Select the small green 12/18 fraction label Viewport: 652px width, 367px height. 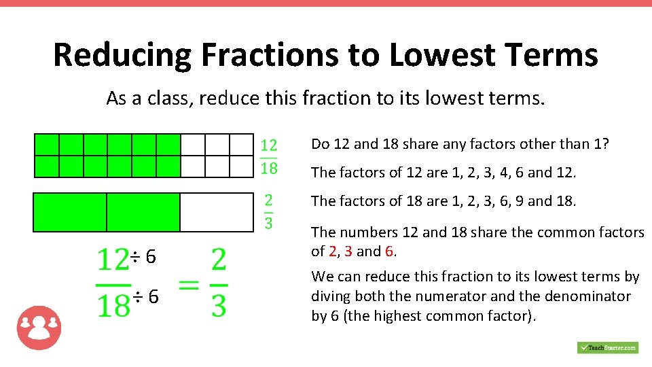point(269,156)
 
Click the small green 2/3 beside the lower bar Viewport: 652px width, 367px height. point(269,211)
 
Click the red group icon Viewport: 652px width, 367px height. point(39,328)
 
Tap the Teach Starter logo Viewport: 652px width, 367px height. point(608,347)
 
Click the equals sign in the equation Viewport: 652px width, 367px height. point(189,285)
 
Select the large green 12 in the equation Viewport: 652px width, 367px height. point(113,260)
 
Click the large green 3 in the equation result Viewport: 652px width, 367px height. point(219,305)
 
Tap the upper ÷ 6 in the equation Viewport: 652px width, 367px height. point(145,257)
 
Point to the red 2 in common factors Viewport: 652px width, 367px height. point(332,251)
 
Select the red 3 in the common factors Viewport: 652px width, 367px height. point(348,251)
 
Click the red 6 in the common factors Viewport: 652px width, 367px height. point(389,251)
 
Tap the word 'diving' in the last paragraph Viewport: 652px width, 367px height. point(329,296)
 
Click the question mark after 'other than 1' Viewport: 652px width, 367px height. point(605,144)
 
